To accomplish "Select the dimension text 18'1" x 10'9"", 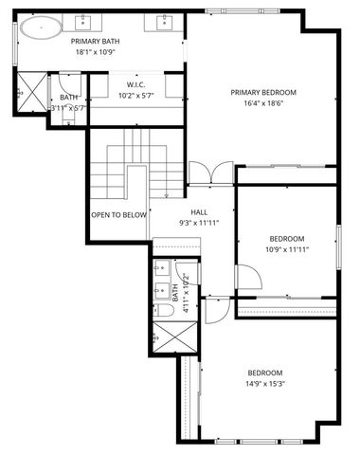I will click(x=95, y=53).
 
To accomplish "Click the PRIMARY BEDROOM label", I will click(x=263, y=92).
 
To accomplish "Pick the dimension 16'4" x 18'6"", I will click(x=263, y=103).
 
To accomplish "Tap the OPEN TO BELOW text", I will click(x=119, y=215).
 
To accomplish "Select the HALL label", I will click(x=199, y=211).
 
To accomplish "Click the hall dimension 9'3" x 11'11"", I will click(x=199, y=223).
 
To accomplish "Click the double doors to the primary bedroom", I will click(x=209, y=173).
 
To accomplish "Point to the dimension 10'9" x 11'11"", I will click(x=286, y=249).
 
